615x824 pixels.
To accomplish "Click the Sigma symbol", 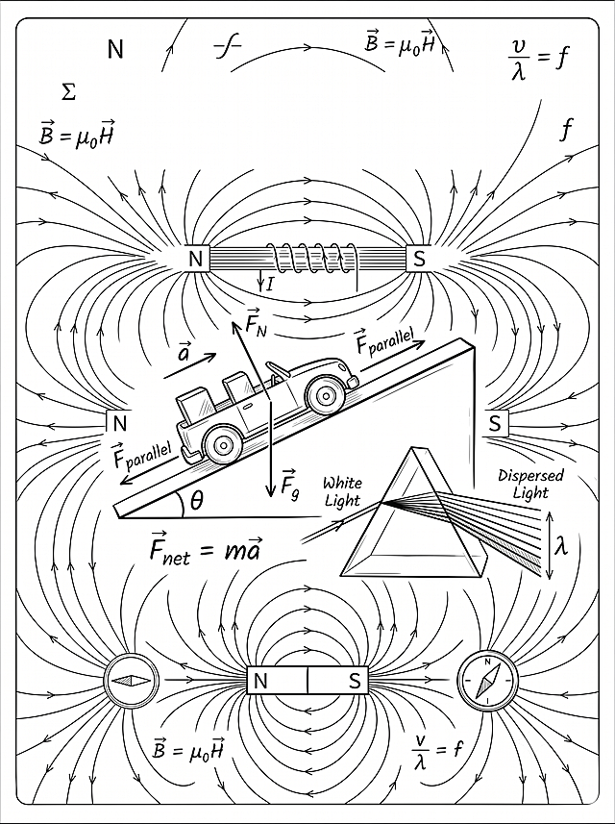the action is (68, 93).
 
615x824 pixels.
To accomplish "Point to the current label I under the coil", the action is (270, 285).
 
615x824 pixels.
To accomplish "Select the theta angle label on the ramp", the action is (196, 503).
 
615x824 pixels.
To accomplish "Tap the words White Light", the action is (342, 490).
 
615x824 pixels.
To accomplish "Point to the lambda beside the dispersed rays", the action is (561, 546).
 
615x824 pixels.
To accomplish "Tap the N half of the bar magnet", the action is (276, 681).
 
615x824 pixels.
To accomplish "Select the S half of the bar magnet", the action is (337, 681).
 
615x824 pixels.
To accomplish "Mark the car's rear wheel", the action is (223, 444).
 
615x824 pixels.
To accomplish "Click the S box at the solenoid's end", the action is (419, 259).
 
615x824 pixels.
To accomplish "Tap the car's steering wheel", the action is (278, 370).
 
